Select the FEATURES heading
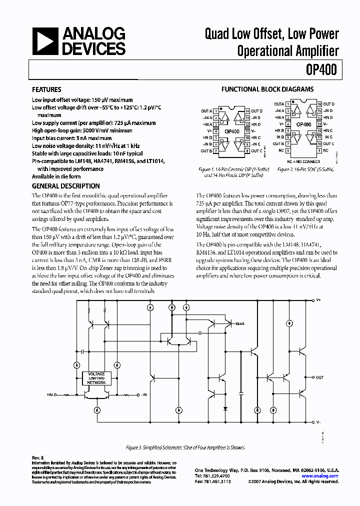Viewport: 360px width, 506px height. click(46, 90)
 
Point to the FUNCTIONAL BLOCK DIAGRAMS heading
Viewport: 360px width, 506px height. click(267, 89)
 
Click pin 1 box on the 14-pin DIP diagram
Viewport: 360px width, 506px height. click(216, 110)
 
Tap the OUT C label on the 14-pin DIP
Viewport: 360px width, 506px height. click(256, 151)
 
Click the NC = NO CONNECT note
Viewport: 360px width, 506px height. click(303, 161)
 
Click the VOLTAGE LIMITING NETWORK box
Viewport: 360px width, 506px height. click(96, 378)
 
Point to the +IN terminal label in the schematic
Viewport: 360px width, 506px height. click(51, 395)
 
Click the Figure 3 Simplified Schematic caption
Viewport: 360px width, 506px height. click(179, 448)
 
